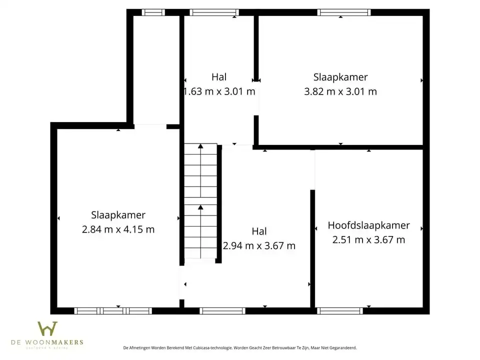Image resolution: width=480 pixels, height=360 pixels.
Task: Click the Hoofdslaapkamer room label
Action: pos(368,225)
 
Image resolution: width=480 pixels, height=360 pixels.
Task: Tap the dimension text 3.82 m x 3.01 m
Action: pos(340,91)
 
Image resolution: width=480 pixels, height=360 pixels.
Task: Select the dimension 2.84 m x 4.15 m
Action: pos(118,229)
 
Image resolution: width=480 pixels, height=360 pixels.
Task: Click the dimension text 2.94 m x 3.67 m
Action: pos(258,245)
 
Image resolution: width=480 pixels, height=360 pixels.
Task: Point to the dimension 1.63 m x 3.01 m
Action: pos(219,91)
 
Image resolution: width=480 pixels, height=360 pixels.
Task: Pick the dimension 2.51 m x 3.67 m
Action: pos(368,239)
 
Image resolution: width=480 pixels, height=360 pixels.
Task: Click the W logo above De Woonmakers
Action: pos(47,329)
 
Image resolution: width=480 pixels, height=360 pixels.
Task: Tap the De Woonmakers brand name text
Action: pos(47,342)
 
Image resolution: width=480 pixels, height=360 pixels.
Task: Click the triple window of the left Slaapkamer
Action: pos(113,311)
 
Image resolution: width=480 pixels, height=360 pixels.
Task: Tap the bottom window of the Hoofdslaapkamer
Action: pos(340,311)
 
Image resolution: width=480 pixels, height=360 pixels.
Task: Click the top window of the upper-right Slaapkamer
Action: pos(344,12)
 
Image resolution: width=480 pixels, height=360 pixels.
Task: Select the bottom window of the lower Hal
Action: pos(222,311)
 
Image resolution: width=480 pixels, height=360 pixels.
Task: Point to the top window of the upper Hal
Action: pos(214,12)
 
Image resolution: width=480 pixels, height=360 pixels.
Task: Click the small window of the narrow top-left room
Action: pos(153,12)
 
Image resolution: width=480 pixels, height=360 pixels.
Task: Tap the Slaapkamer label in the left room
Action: pos(118,215)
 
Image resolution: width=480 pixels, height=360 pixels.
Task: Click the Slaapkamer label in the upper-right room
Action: pos(340,77)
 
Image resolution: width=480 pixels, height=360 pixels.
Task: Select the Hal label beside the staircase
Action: pos(258,231)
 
